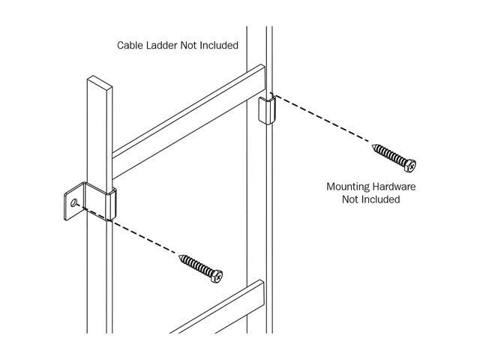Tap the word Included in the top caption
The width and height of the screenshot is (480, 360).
tap(218, 45)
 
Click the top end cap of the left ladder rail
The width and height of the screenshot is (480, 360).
tap(100, 82)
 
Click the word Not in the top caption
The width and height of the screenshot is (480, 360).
tap(188, 45)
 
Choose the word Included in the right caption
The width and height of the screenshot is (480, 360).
tap(381, 199)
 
